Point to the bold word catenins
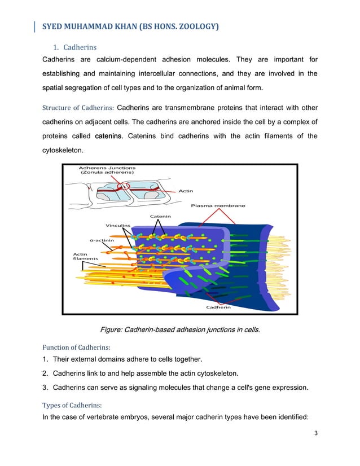(107, 136)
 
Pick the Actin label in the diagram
(186, 191)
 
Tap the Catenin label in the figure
(161, 216)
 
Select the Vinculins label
(118, 226)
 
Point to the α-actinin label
(103, 239)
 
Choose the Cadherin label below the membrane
(218, 307)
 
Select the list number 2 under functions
(45, 373)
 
